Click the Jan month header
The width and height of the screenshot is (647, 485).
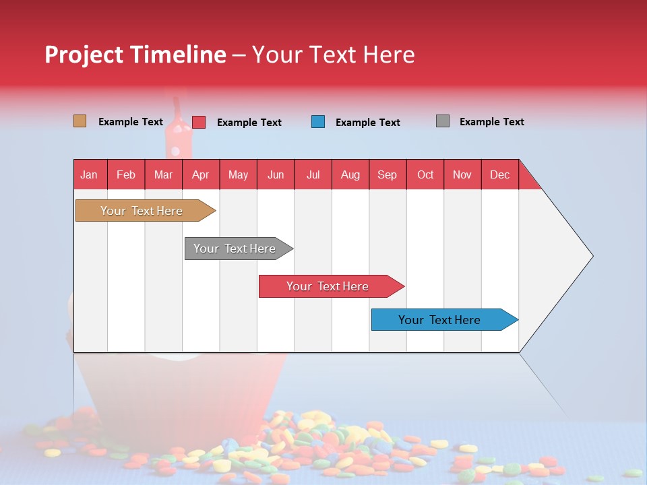(x=90, y=174)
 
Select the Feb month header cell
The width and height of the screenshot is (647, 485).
(x=126, y=174)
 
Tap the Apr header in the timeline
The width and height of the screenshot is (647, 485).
(x=200, y=174)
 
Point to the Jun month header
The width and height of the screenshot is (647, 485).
(x=276, y=174)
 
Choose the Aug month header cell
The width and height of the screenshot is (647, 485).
(x=350, y=174)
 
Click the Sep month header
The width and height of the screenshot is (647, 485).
(x=388, y=174)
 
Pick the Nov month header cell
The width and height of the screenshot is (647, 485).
(x=462, y=174)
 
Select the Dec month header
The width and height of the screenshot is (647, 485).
(x=499, y=174)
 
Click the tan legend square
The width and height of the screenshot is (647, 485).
(x=80, y=121)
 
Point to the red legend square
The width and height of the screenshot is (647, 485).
(x=199, y=122)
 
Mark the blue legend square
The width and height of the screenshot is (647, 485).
(x=318, y=122)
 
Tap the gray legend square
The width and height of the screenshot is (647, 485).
(x=443, y=121)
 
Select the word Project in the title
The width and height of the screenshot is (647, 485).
(x=84, y=55)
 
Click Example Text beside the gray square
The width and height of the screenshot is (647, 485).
(x=491, y=122)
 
